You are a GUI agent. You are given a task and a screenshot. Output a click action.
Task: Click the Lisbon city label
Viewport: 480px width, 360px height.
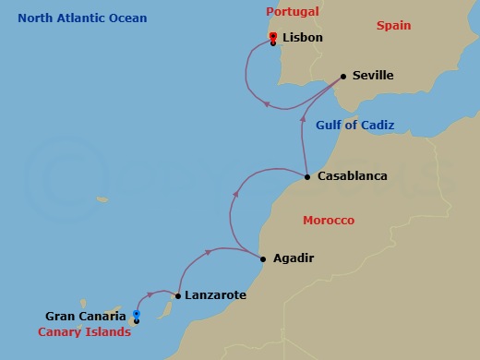coord(303,39)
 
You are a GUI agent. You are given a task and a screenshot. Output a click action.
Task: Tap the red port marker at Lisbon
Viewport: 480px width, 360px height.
coord(273,37)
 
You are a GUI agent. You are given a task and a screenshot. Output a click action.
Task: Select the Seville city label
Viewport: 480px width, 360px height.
coord(373,76)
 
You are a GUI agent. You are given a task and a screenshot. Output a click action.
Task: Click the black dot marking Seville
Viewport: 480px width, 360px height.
coord(342,76)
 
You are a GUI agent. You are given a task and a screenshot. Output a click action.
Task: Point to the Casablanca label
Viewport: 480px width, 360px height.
coord(352,175)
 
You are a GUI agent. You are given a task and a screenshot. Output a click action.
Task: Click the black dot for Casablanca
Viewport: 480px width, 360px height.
coord(306,175)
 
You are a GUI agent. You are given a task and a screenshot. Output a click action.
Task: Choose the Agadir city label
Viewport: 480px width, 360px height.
coord(294,258)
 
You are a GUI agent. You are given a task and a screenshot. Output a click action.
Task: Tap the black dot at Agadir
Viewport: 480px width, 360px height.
coord(262,258)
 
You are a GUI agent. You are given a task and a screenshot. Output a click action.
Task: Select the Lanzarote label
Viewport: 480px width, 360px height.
coord(215,296)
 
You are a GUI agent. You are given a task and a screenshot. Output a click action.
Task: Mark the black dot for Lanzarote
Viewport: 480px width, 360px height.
coord(177,296)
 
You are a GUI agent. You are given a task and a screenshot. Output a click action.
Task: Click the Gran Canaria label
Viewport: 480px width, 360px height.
coord(85,316)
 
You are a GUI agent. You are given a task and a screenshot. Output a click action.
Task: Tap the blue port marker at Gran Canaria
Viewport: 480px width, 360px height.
coord(136,315)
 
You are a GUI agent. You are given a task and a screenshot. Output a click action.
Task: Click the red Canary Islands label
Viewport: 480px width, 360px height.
coord(84,332)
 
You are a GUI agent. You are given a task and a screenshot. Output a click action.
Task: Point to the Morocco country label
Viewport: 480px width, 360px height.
coord(329,221)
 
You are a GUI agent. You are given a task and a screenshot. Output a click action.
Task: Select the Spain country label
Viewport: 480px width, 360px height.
coord(393,26)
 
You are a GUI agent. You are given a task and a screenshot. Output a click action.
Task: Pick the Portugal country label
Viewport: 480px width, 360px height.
coord(292,11)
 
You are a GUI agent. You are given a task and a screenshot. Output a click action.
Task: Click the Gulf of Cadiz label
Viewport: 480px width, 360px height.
coord(354,126)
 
